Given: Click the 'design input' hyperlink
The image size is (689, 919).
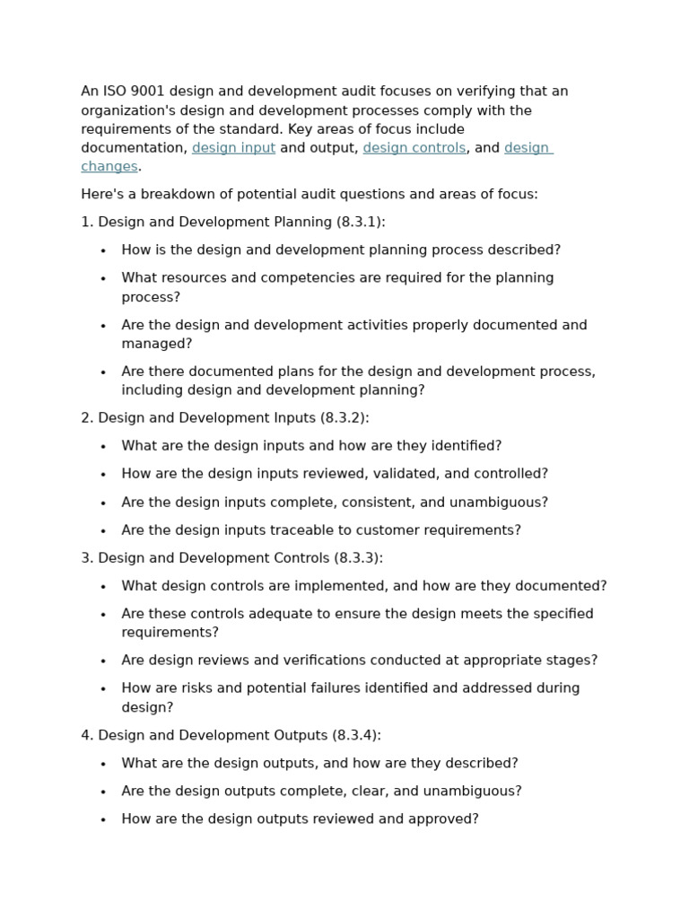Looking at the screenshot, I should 233,148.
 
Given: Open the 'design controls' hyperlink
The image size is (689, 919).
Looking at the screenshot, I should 414,148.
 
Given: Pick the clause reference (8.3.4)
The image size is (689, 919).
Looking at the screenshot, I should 356,735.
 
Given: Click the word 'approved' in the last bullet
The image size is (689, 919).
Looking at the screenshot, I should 445,818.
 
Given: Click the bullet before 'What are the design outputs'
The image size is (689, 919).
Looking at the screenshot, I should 104,764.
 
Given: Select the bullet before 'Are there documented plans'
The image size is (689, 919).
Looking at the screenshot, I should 104,372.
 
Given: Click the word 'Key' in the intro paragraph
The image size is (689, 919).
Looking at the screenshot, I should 294,129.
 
